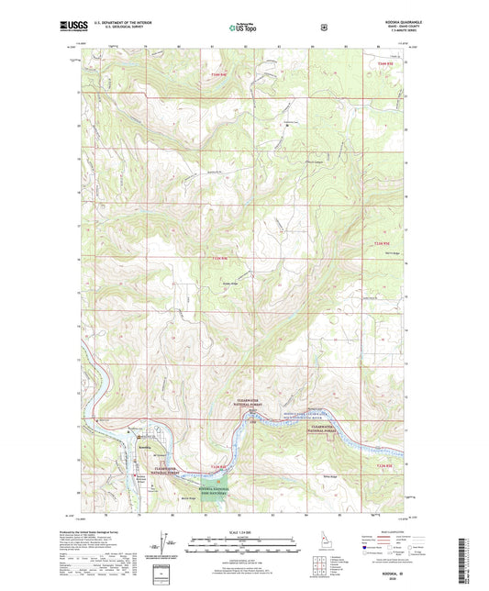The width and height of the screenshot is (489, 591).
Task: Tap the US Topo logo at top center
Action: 243,28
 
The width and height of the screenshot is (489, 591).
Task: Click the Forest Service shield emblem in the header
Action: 323,28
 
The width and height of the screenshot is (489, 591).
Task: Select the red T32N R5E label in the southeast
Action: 384,466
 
